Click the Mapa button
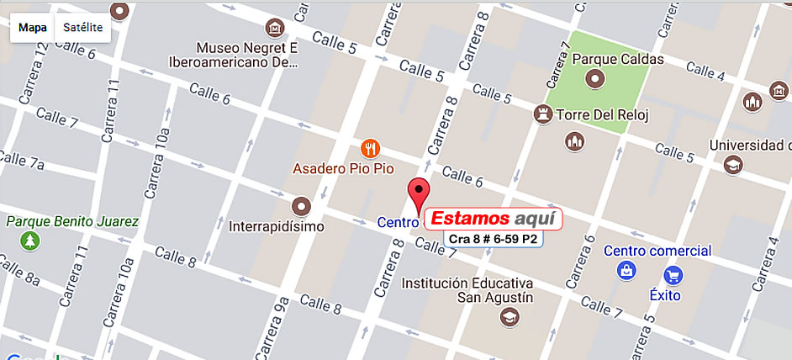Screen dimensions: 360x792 [x=33, y=28]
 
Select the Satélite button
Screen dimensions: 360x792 [x=82, y=28]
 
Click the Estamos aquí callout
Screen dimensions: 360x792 [x=492, y=219]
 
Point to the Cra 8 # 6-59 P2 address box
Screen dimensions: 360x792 [x=493, y=240]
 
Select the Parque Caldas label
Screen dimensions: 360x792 [x=618, y=60]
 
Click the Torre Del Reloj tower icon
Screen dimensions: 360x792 [x=543, y=113]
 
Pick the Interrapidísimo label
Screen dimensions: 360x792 [x=277, y=226]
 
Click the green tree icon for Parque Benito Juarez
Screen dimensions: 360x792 [x=30, y=241]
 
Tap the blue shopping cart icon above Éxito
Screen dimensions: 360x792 [x=673, y=274]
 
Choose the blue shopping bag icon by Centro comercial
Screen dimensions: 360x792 [x=626, y=270]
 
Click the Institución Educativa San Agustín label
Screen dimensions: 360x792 [x=467, y=290]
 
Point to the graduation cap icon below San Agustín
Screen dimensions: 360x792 [x=509, y=316]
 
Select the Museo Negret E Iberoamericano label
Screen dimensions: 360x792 [x=248, y=53]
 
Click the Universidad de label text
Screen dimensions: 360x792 [x=750, y=146]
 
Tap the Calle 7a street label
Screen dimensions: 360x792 [x=23, y=160]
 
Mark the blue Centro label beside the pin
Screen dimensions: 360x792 [x=398, y=224]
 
